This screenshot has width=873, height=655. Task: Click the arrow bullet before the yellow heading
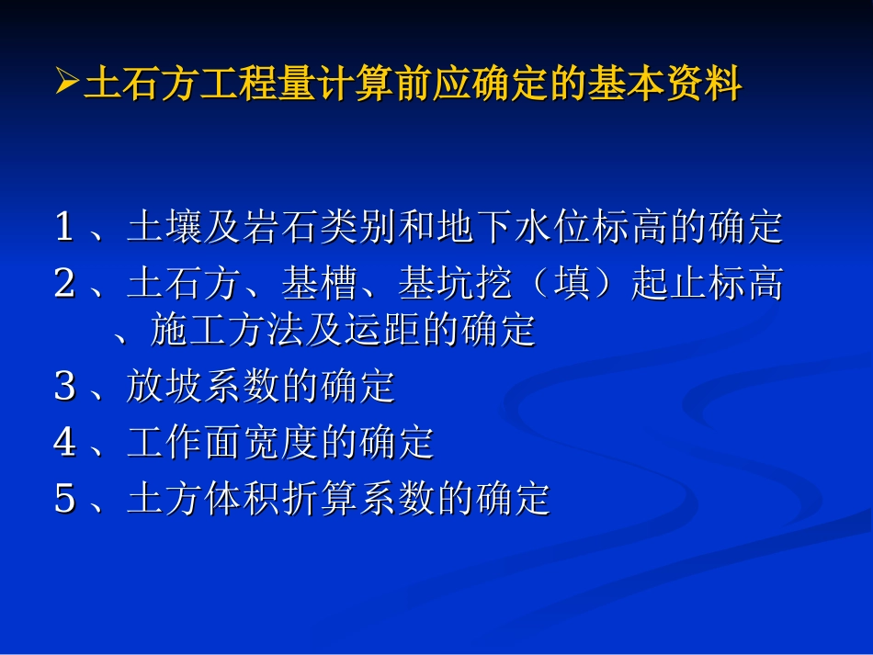tap(67, 85)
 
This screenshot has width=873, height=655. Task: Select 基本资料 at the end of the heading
tap(664, 86)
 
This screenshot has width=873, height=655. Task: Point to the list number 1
tap(63, 227)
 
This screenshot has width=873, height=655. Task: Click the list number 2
tap(63, 284)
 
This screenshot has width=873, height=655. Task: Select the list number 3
tap(63, 387)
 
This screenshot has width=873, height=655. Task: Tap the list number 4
tap(63, 443)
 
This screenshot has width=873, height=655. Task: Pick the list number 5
tap(63, 499)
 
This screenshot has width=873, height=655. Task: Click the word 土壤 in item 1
tap(165, 227)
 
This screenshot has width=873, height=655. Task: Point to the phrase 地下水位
tap(514, 227)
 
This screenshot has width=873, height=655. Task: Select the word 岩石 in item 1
tap(280, 227)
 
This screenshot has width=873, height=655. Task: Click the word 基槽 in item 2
tap(320, 284)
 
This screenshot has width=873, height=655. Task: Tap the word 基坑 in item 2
tap(436, 284)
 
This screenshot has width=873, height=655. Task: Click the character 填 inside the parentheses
tap(572, 284)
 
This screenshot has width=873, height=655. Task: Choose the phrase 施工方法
tap(226, 330)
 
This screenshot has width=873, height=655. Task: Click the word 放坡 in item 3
tap(165, 387)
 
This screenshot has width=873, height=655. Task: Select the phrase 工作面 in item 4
tap(185, 443)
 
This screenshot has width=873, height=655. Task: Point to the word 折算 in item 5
tap(320, 499)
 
